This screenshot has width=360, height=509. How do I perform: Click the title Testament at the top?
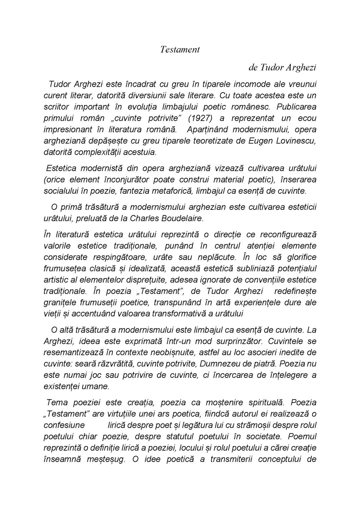[x=180, y=49]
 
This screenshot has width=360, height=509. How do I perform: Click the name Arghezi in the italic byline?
[x=300, y=67]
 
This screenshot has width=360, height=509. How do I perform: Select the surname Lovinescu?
[x=296, y=141]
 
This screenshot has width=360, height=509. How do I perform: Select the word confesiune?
[x=64, y=425]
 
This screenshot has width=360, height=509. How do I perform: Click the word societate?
[x=264, y=437]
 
